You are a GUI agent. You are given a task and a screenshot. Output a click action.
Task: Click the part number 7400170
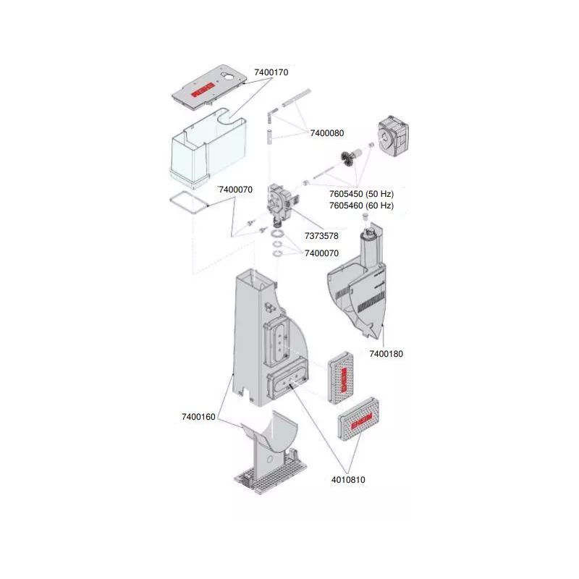[271, 72]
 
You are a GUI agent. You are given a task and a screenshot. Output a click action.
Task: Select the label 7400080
[327, 133]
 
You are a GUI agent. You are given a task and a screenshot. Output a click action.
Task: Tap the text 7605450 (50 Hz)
[361, 194]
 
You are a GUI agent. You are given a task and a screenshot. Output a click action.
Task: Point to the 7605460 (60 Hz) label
[361, 206]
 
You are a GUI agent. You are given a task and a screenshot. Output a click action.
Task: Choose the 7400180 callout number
[386, 354]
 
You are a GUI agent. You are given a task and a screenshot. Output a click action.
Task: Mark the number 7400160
[198, 417]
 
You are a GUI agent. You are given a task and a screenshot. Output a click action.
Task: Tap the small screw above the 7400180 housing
[365, 217]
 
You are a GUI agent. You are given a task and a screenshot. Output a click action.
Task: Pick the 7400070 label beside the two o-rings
[321, 253]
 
